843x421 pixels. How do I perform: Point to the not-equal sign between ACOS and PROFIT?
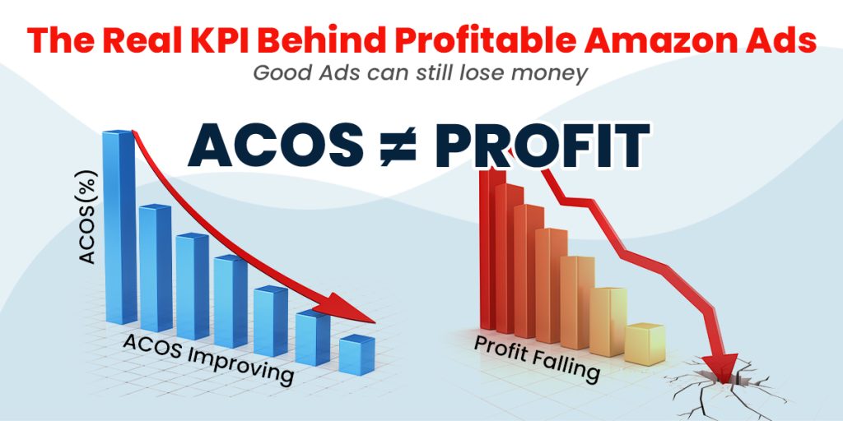398,146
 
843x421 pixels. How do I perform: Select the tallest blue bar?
119,227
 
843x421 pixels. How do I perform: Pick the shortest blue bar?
357,354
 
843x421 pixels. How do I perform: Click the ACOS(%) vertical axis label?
87,217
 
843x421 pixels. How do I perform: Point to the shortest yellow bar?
645,344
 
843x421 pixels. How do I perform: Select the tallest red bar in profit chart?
492,249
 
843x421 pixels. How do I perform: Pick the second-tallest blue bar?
156,267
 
